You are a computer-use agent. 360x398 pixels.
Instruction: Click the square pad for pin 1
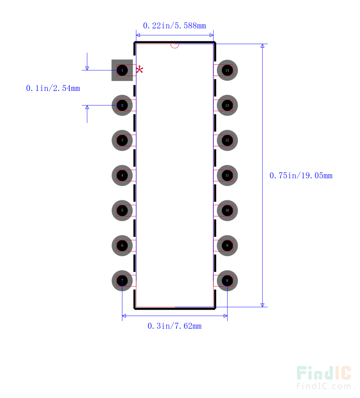(x=122, y=70)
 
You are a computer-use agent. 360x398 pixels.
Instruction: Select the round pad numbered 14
(x=227, y=70)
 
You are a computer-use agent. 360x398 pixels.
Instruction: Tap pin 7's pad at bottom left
(x=122, y=281)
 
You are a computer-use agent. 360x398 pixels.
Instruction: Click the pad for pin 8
(x=227, y=281)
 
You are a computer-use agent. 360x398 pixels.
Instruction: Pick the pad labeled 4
(x=122, y=176)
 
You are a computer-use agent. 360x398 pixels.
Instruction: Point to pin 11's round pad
(x=227, y=176)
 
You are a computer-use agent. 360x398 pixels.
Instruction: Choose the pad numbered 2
(x=122, y=105)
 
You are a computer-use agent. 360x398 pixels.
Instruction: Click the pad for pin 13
(x=227, y=105)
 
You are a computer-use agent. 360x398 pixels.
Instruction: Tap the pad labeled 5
(x=122, y=211)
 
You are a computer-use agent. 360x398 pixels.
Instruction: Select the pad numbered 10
(x=227, y=211)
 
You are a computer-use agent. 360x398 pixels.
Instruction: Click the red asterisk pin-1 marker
(x=140, y=70)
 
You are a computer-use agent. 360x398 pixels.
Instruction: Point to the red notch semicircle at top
(x=175, y=45)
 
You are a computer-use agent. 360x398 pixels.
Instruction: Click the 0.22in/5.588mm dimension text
(x=174, y=26)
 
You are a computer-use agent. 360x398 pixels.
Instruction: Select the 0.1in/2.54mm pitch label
(x=53, y=89)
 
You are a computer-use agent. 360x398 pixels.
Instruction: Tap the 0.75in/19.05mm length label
(x=301, y=176)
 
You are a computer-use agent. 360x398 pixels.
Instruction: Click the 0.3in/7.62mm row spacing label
(x=174, y=326)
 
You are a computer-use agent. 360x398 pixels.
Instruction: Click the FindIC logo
(x=324, y=377)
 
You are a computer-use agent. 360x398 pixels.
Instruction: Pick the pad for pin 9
(x=227, y=246)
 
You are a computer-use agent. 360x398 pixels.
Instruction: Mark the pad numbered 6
(x=122, y=246)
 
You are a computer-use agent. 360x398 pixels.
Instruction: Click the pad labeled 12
(x=227, y=140)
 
